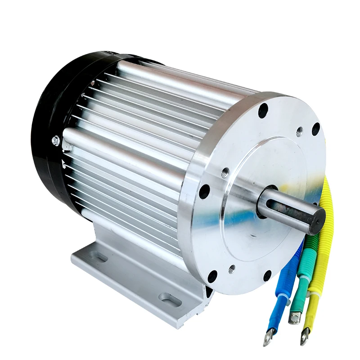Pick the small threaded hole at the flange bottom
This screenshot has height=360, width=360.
point(232,268)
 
